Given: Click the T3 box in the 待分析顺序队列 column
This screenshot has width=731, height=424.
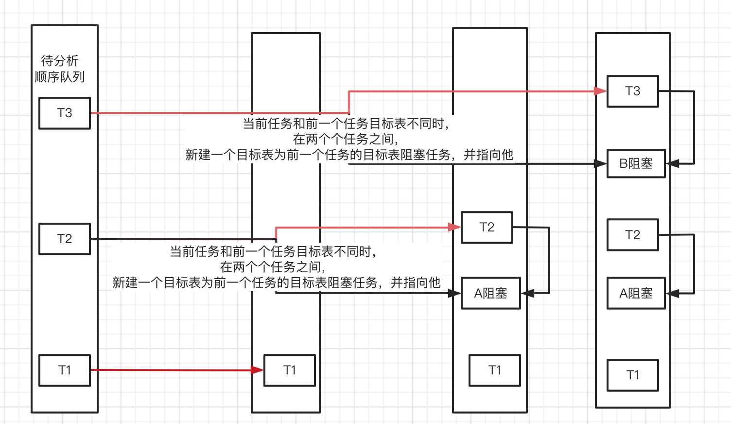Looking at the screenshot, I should click(65, 113).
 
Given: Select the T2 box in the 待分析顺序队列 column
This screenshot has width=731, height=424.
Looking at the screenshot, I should click(65, 239).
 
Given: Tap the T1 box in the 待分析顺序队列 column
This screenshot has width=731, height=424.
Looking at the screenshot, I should click(65, 371).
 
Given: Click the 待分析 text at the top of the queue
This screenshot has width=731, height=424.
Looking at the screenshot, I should click(60, 61).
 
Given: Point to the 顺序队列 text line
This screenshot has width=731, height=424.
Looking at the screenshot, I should click(60, 77).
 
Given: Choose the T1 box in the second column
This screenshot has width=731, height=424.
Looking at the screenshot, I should click(290, 371).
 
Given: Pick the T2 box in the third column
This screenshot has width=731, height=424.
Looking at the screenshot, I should click(487, 228).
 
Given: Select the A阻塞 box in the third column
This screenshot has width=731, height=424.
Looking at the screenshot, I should click(491, 293).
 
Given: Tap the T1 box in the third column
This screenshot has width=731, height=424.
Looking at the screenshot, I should click(495, 371).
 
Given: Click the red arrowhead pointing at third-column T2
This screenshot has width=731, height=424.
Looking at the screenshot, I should click(454, 227).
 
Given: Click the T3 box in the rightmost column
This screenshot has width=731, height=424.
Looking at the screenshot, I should click(633, 91).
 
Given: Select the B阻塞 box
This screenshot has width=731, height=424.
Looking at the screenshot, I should click(636, 164).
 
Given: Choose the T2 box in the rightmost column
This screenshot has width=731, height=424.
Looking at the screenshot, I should click(633, 235).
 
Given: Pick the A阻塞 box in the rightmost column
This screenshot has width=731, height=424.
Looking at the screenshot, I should click(636, 293).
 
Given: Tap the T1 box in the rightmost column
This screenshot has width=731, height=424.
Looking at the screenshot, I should click(633, 375).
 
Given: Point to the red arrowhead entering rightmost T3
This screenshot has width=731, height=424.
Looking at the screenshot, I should click(601, 91).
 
